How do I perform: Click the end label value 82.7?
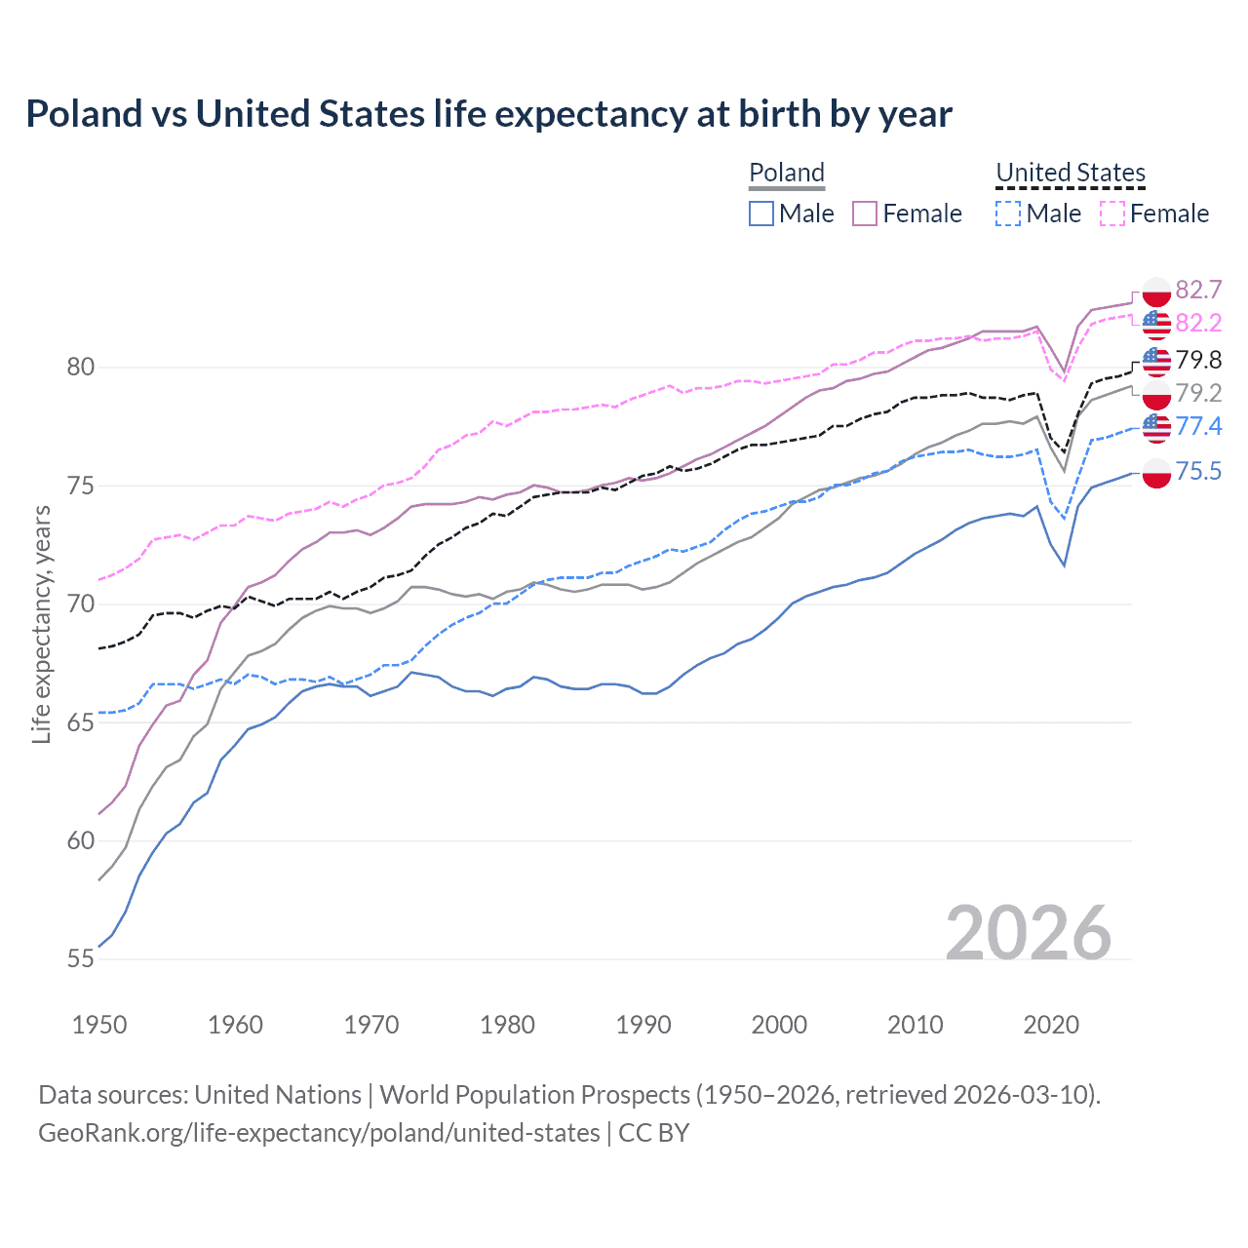click(x=1198, y=290)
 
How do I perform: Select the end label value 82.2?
click(x=1198, y=323)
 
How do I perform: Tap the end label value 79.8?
click(x=1198, y=360)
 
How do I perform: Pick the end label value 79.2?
click(x=1198, y=393)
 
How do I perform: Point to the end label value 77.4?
click(x=1198, y=426)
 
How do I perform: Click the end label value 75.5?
click(x=1198, y=472)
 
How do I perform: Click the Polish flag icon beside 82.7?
click(x=1156, y=291)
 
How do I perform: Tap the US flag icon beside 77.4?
click(x=1156, y=427)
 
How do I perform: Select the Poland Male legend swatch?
click(x=761, y=214)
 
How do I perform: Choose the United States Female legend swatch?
click(x=1112, y=214)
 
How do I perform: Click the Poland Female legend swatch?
click(x=865, y=214)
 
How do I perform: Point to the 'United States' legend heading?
click(x=1071, y=173)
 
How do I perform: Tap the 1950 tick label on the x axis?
click(x=99, y=1025)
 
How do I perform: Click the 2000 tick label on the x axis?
click(x=779, y=1025)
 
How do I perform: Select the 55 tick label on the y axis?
click(x=81, y=959)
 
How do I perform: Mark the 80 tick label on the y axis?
click(x=81, y=368)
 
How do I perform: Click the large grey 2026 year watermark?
click(x=1029, y=933)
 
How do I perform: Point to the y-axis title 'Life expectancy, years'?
click(x=41, y=624)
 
